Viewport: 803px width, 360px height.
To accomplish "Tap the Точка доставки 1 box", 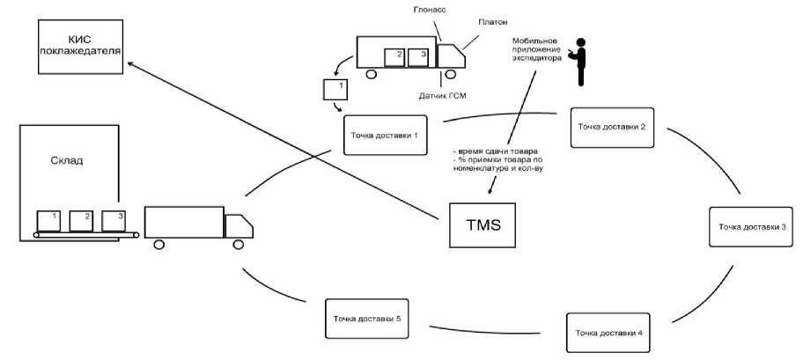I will coord(384,135).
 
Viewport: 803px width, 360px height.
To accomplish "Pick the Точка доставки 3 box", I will coord(752,227).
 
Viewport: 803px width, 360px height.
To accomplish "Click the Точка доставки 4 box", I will coord(609,333).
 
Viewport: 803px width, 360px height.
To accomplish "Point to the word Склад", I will coord(57,162).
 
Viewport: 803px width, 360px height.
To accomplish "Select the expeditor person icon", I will coord(579,62).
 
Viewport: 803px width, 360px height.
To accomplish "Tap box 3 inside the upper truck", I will coord(423,56).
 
